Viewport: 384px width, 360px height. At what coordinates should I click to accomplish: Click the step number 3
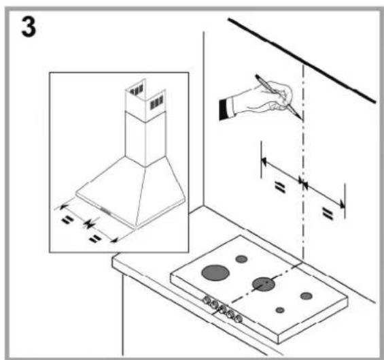(29, 27)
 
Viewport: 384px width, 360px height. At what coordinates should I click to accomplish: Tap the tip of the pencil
(302, 119)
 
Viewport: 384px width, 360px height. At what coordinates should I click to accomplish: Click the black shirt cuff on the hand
(223, 110)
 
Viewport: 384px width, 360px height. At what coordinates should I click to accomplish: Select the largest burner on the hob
(215, 273)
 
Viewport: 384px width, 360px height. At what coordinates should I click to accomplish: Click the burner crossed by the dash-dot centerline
(264, 284)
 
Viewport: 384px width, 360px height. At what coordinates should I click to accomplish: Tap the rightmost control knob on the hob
(239, 318)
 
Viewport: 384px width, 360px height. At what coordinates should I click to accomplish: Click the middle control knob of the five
(222, 309)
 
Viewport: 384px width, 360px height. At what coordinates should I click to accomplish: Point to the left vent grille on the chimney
(137, 90)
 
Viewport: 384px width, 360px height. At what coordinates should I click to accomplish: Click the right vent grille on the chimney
(156, 102)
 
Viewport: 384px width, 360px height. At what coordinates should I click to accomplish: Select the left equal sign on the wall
(281, 187)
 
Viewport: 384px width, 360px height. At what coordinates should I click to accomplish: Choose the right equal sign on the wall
(328, 214)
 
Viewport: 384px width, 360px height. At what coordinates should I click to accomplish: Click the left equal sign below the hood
(67, 220)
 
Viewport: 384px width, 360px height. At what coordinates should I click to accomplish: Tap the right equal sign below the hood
(94, 238)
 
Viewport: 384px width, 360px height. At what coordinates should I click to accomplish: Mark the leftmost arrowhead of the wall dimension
(264, 161)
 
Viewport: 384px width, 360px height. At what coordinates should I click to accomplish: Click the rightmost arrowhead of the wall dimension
(342, 203)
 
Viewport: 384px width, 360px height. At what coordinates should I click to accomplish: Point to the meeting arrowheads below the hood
(88, 224)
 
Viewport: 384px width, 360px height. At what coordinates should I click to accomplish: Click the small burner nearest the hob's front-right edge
(280, 310)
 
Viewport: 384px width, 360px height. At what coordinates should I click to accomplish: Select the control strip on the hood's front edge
(106, 210)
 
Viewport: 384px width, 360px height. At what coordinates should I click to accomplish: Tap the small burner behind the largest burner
(241, 259)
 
